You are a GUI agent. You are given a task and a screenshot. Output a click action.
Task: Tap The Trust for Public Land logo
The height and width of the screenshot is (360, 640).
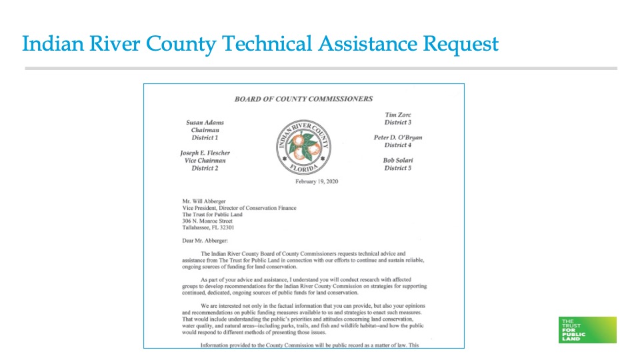pos(587,329)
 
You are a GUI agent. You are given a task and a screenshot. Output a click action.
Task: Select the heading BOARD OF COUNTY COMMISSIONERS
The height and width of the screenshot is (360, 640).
pos(303,99)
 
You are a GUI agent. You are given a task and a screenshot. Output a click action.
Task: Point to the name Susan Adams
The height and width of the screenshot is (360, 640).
pos(205,123)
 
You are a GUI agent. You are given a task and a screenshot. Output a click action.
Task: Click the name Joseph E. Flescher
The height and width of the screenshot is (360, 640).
pos(205,153)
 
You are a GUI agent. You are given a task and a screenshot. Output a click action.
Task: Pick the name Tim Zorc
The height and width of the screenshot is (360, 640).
pos(398,115)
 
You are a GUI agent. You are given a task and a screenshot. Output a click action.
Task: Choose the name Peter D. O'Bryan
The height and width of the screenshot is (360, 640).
pos(398,137)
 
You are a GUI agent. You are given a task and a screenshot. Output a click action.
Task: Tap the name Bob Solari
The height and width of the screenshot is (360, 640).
pos(398,161)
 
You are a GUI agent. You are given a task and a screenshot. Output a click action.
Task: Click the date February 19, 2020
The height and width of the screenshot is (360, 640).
pos(317,181)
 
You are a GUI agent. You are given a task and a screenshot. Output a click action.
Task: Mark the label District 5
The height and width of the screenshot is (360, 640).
pos(398,168)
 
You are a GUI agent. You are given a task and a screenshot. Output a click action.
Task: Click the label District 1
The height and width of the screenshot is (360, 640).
pos(205,137)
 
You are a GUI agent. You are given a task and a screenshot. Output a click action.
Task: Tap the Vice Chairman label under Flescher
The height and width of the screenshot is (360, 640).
pos(205,161)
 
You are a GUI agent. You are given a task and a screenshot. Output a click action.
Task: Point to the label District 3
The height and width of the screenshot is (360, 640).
pos(398,122)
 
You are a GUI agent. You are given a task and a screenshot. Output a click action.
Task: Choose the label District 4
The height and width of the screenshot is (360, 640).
pos(398,145)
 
